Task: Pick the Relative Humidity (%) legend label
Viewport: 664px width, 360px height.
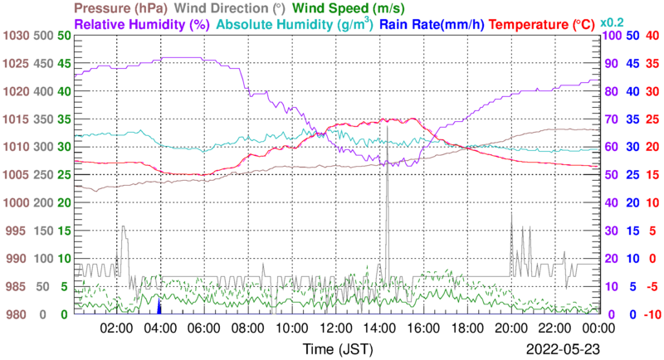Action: click(x=141, y=25)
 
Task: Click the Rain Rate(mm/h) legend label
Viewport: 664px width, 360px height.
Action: click(x=432, y=25)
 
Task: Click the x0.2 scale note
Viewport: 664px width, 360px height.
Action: click(x=613, y=23)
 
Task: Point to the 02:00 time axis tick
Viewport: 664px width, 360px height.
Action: click(x=117, y=327)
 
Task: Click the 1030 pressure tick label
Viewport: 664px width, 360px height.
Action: click(x=17, y=36)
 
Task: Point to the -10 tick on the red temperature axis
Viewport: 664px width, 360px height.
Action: click(x=652, y=314)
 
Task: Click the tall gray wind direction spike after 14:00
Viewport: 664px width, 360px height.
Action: click(x=388, y=166)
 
